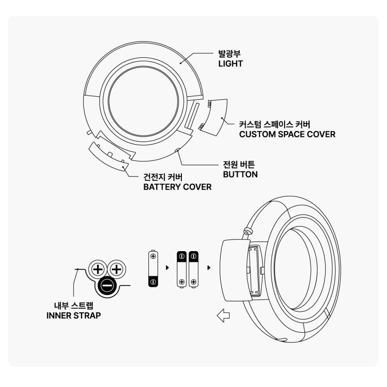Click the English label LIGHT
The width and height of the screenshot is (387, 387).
[x=230, y=64]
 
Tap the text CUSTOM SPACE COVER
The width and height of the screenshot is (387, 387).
[x=287, y=134]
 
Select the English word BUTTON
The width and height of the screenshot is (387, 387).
[x=240, y=175]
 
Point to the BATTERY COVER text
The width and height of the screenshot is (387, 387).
[x=177, y=187]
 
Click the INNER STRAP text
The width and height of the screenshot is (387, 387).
[x=74, y=316]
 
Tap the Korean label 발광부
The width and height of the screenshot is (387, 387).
[x=229, y=53]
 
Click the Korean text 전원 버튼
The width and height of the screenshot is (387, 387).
[x=239, y=164]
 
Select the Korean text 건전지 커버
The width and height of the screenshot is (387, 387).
[x=163, y=177]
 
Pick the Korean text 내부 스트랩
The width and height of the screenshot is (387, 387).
[x=74, y=306]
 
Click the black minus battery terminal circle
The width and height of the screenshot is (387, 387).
[x=107, y=286]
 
